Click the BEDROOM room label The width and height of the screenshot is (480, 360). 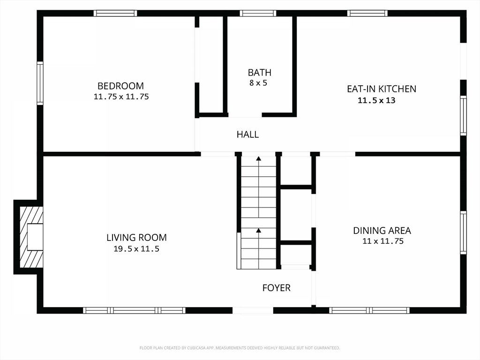tap(120, 86)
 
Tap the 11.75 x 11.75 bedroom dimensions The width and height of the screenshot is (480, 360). tap(121, 97)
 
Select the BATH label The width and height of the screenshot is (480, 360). tap(260, 73)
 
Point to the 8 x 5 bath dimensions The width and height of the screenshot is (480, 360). tap(258, 83)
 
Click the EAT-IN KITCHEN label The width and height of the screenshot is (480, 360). tap(382, 89)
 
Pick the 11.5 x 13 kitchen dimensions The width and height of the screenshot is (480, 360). tap(376, 100)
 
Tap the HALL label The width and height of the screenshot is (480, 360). tap(247, 135)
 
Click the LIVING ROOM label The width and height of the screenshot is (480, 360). tap(136, 238)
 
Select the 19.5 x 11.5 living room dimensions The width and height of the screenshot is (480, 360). tap(136, 249)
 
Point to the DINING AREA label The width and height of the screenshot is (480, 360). tap(382, 231)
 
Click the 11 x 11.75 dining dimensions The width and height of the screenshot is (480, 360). tap(383, 241)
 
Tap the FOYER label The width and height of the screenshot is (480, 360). tap(277, 288)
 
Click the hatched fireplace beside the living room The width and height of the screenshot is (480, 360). tap(31, 237)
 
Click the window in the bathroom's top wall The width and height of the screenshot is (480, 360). tap(258, 13)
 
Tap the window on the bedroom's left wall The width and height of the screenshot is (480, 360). tap(40, 83)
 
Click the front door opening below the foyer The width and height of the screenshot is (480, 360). tap(253, 310)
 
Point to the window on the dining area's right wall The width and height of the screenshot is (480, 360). tap(464, 232)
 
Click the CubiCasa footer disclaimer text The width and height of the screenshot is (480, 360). tap(240, 348)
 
